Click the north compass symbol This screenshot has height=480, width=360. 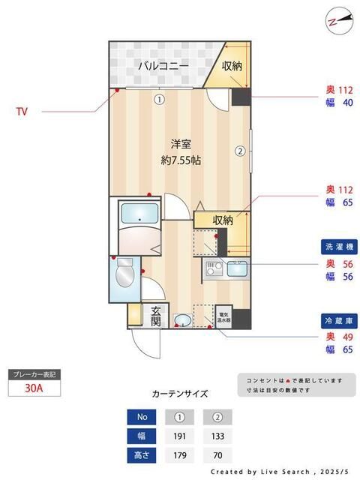pyautogui.click(x=335, y=22)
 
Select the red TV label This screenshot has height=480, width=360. pyautogui.click(x=22, y=112)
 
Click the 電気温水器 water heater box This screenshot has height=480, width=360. pyautogui.click(x=223, y=316)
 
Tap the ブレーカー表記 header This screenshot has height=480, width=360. pyautogui.click(x=35, y=373)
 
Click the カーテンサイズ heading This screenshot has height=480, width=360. pyautogui.click(x=180, y=393)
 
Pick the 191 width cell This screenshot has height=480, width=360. pyautogui.click(x=179, y=436)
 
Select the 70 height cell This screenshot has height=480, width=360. pyautogui.click(x=217, y=455)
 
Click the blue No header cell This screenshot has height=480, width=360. pyautogui.click(x=142, y=416)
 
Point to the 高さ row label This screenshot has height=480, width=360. pyautogui.click(x=142, y=455)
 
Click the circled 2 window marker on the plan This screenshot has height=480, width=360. pyautogui.click(x=240, y=150)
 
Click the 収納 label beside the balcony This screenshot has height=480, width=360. pyautogui.click(x=232, y=65)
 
